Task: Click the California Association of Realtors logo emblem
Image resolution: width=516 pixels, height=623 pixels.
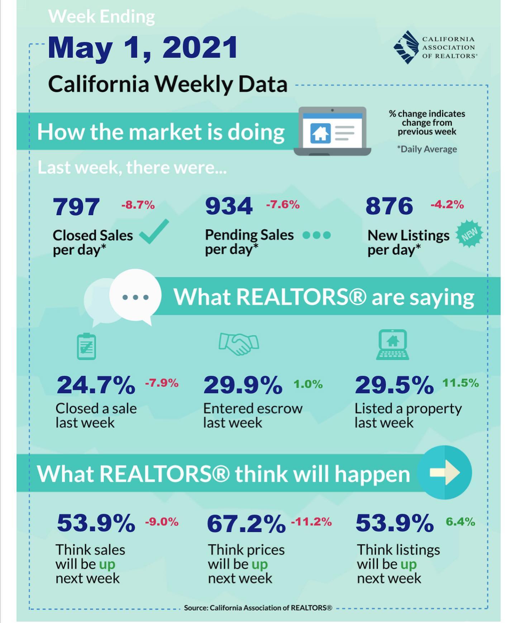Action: pos(406,47)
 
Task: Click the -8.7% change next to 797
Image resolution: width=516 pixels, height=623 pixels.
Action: pos(138,205)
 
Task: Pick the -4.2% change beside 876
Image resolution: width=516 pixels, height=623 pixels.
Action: pos(447,204)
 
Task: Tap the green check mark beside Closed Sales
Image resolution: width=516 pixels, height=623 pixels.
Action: pos(154,232)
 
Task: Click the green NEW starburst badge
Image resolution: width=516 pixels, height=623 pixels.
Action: pos(469,234)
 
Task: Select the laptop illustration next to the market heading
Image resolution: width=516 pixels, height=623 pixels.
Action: pos(332,131)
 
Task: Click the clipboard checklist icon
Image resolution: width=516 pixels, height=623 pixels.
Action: pos(86,346)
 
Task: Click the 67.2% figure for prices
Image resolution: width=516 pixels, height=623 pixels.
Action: pos(246,524)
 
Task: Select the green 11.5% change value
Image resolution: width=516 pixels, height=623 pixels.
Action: pos(460,383)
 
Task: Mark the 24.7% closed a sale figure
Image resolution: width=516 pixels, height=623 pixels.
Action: pos(96,385)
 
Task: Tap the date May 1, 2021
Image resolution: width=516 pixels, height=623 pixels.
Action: pos(143,48)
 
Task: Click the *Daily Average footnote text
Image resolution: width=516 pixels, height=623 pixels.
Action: pos(427,149)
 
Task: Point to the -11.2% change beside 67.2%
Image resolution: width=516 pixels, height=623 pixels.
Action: pos(311,522)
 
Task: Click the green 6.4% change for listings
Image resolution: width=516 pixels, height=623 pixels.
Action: pos(460,522)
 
